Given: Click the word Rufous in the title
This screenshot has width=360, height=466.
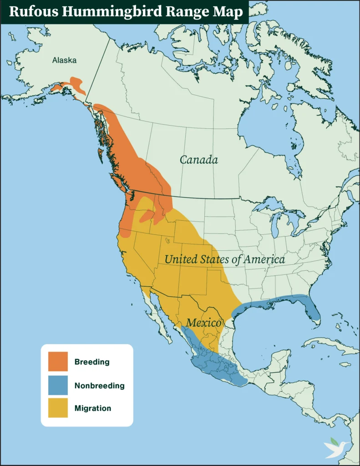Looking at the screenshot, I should (32, 12).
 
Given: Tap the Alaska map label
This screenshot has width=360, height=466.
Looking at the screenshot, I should (65, 60).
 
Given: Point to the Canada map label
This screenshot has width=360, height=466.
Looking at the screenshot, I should (198, 160).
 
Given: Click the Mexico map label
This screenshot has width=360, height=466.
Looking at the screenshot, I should (204, 323).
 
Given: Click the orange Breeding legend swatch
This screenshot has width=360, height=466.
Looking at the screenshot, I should (58, 362).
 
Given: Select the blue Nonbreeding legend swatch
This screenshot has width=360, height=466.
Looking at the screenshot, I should (58, 385).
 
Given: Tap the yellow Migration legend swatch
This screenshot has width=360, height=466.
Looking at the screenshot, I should (58, 408).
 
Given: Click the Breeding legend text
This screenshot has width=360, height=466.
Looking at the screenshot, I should (92, 362).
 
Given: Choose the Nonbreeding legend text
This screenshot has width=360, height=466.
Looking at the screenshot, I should (99, 385).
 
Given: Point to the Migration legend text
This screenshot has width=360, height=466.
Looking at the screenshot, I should (93, 408).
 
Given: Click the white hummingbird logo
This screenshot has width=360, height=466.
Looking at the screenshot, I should (336, 448).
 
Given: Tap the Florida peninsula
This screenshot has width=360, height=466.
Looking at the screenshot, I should (313, 312).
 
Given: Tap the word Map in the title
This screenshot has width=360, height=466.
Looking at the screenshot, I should (230, 12).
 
